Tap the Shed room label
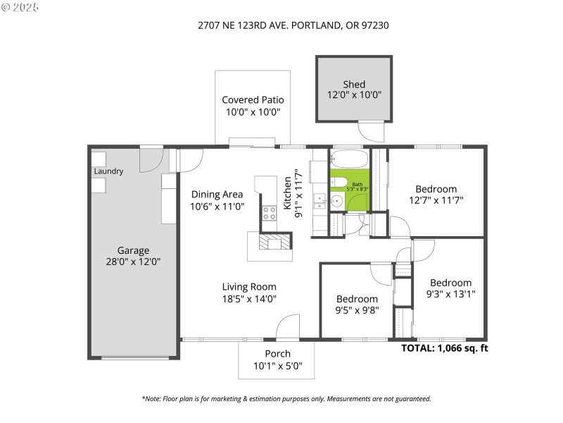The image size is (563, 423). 354,85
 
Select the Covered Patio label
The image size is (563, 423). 253,100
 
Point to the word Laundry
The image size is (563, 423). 108,171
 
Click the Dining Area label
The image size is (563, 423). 217,195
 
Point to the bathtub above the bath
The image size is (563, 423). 348,158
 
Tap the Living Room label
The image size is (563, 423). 249,287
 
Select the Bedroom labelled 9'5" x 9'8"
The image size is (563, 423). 356,299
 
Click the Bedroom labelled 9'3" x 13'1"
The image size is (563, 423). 450,283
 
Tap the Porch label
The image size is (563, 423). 277,354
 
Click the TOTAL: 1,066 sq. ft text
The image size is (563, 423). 444,348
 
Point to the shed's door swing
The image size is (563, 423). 370,131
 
